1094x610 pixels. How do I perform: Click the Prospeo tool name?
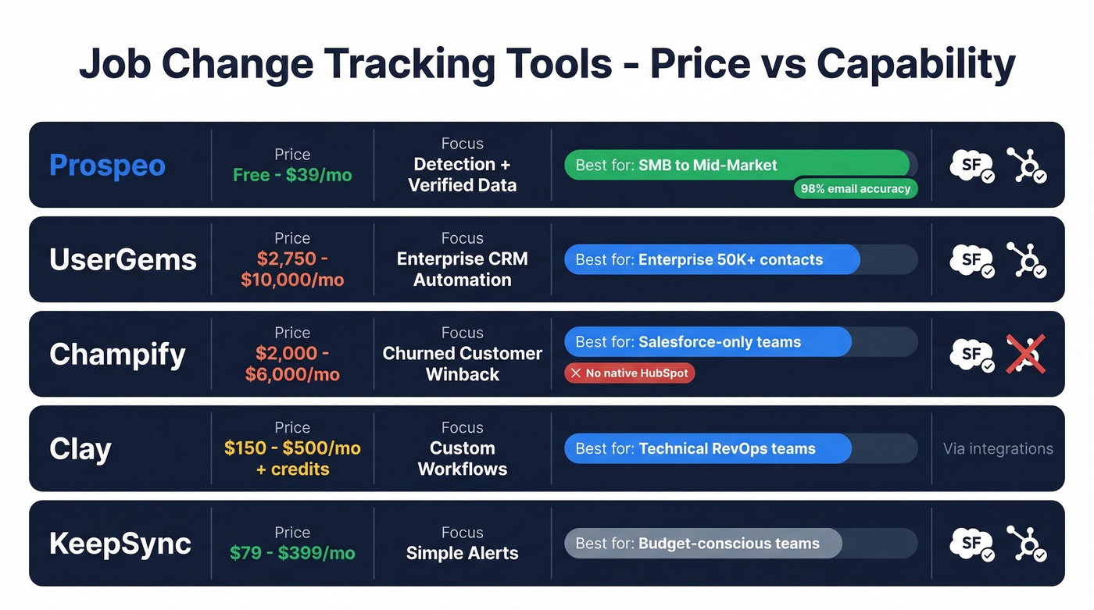pyautogui.click(x=107, y=166)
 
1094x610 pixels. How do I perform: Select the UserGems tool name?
pyautogui.click(x=123, y=260)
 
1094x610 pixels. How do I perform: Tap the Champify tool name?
pyautogui.click(x=117, y=355)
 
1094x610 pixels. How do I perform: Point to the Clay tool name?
pyautogui.click(x=80, y=449)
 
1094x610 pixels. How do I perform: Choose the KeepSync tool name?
pyautogui.click(x=120, y=544)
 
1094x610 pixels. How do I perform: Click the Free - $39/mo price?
pyautogui.click(x=292, y=175)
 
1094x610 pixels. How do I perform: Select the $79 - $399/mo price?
pyautogui.click(x=292, y=553)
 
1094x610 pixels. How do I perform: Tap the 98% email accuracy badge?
pyautogui.click(x=856, y=188)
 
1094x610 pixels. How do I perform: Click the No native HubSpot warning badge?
pyautogui.click(x=630, y=373)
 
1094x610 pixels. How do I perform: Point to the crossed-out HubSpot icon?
pyautogui.click(x=1025, y=355)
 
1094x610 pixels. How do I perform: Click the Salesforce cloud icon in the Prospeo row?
pyautogui.click(x=971, y=165)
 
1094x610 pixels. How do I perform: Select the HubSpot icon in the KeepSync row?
pyautogui.click(x=1025, y=544)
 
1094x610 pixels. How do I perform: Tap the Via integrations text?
pyautogui.click(x=998, y=449)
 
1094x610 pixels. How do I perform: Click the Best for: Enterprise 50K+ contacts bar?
pyautogui.click(x=712, y=260)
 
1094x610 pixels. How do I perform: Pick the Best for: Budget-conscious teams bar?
pyautogui.click(x=703, y=544)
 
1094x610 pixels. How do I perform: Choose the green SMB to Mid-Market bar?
pyautogui.click(x=736, y=165)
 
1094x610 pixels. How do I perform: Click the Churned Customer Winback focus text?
pyautogui.click(x=463, y=364)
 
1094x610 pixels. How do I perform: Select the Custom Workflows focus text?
pyautogui.click(x=463, y=458)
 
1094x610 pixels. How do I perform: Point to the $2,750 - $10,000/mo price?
pyautogui.click(x=292, y=269)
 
